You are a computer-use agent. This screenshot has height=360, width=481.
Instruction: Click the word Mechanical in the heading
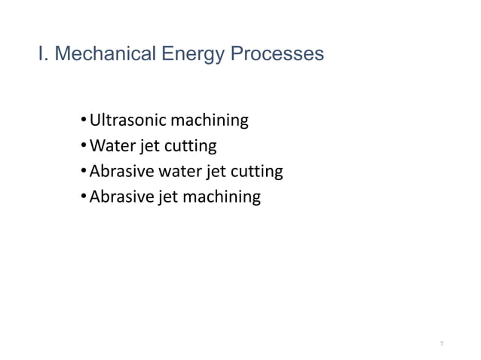(97, 55)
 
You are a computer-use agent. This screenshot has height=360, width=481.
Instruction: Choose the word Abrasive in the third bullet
(120, 172)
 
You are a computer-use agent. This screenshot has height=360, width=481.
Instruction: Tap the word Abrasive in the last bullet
(120, 197)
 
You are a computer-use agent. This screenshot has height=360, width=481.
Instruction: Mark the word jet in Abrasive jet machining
(166, 197)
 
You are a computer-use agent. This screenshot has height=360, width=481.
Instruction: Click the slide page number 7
(442, 343)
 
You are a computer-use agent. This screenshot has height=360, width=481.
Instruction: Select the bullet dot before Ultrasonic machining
(82, 121)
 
